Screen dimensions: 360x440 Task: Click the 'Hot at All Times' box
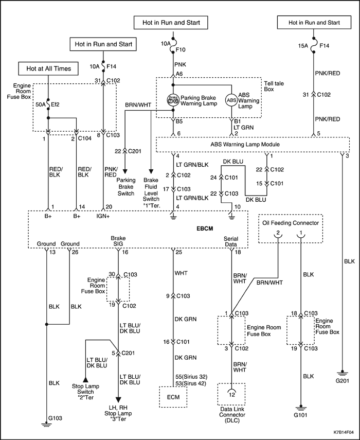pyautogui.click(x=48, y=69)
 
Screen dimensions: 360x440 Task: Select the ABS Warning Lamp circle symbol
pyautogui.click(x=231, y=100)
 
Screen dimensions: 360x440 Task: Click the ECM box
pyautogui.click(x=173, y=397)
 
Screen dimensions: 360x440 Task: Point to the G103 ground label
pyautogui.click(x=55, y=418)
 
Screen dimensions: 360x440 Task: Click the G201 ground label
pyautogui.click(x=342, y=380)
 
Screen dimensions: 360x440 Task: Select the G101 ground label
pyautogui.click(x=301, y=415)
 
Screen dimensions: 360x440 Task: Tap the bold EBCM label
pyautogui.click(x=205, y=228)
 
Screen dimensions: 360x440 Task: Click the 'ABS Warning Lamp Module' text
pyautogui.click(x=245, y=145)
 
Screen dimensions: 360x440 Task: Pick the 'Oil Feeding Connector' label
pyautogui.click(x=291, y=223)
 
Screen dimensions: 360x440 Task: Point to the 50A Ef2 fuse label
pyautogui.click(x=48, y=104)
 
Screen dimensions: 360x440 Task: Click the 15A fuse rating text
pyautogui.click(x=303, y=46)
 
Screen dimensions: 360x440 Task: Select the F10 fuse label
pyautogui.click(x=181, y=50)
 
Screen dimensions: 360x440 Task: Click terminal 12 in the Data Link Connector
pyautogui.click(x=232, y=395)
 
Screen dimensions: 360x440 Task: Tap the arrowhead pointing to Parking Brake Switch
pyautogui.click(x=125, y=171)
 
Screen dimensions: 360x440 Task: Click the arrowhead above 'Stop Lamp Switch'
pyautogui.click(x=85, y=379)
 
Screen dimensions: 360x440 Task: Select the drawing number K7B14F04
pyautogui.click(x=344, y=432)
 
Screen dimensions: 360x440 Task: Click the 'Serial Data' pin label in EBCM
pyautogui.click(x=231, y=241)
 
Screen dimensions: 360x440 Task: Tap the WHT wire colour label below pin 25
pyautogui.click(x=181, y=273)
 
